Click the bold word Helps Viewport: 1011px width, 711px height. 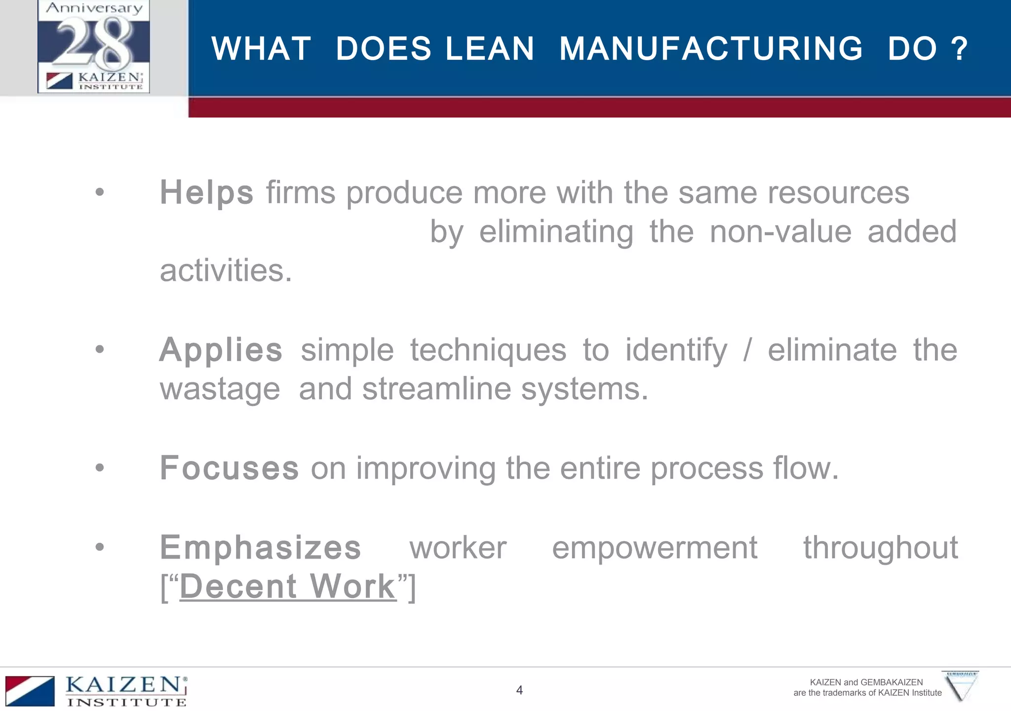(206, 192)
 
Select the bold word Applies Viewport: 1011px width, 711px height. (221, 350)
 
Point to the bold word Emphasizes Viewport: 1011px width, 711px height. (260, 548)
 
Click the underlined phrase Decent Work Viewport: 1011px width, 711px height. (288, 587)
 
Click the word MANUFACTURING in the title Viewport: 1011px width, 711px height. (711, 49)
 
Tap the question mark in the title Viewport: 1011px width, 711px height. (959, 49)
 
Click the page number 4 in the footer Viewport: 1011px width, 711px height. (519, 690)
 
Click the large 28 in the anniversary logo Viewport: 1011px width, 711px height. (94, 43)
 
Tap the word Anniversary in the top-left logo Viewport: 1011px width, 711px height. (94, 8)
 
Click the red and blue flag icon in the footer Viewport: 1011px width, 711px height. (30, 691)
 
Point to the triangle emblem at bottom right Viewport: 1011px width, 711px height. (961, 686)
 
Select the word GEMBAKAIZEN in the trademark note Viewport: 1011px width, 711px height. (892, 682)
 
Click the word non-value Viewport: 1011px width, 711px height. (780, 232)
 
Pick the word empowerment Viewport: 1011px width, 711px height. (655, 548)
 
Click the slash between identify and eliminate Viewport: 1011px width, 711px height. (747, 350)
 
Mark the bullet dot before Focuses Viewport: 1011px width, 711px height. (100, 467)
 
